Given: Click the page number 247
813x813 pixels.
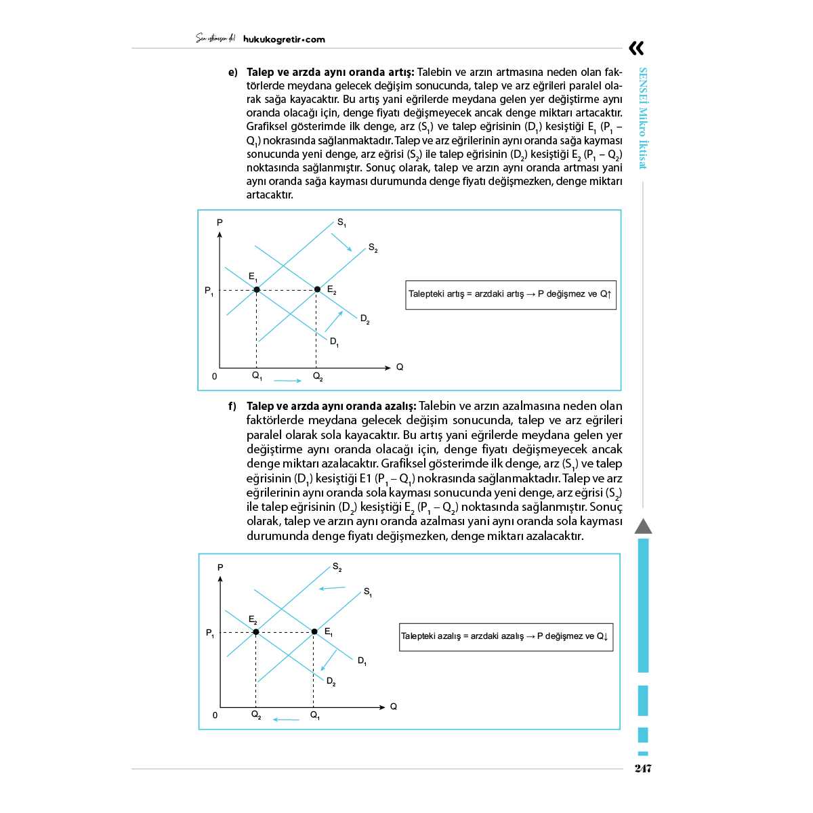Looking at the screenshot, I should tap(642, 768).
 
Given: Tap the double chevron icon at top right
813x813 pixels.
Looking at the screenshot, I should tap(636, 48).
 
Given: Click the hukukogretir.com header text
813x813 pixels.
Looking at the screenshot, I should tap(283, 39).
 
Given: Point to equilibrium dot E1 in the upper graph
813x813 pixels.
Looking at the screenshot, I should tap(257, 289).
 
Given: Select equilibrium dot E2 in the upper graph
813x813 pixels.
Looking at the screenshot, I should tap(317, 289).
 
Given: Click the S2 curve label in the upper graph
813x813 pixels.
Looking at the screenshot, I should tap(373, 249).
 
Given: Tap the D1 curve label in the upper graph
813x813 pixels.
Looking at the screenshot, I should tap(334, 342).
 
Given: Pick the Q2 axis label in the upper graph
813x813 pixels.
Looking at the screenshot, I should tap(318, 377).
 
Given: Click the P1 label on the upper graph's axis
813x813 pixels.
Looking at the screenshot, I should tap(209, 291).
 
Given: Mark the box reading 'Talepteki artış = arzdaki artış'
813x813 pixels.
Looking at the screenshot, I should tap(511, 295).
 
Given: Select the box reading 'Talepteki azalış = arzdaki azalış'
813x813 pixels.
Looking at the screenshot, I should tap(506, 637).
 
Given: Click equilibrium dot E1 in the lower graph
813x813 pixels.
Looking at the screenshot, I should tap(314, 631).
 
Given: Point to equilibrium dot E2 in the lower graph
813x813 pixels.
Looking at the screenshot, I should tap(256, 631).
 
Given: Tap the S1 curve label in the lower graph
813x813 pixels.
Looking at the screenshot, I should tap(368, 592).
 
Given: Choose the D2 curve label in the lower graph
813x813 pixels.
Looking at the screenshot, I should tap(331, 682).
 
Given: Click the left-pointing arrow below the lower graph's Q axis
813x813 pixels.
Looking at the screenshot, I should tap(286, 720).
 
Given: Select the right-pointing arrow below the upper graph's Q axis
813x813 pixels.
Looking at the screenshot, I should tap(287, 381).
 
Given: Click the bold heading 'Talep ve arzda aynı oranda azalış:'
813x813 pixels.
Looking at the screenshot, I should tap(331, 406).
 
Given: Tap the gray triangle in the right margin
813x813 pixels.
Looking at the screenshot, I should tap(643, 526).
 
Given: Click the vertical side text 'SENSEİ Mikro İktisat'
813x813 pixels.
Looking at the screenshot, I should tap(644, 119).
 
